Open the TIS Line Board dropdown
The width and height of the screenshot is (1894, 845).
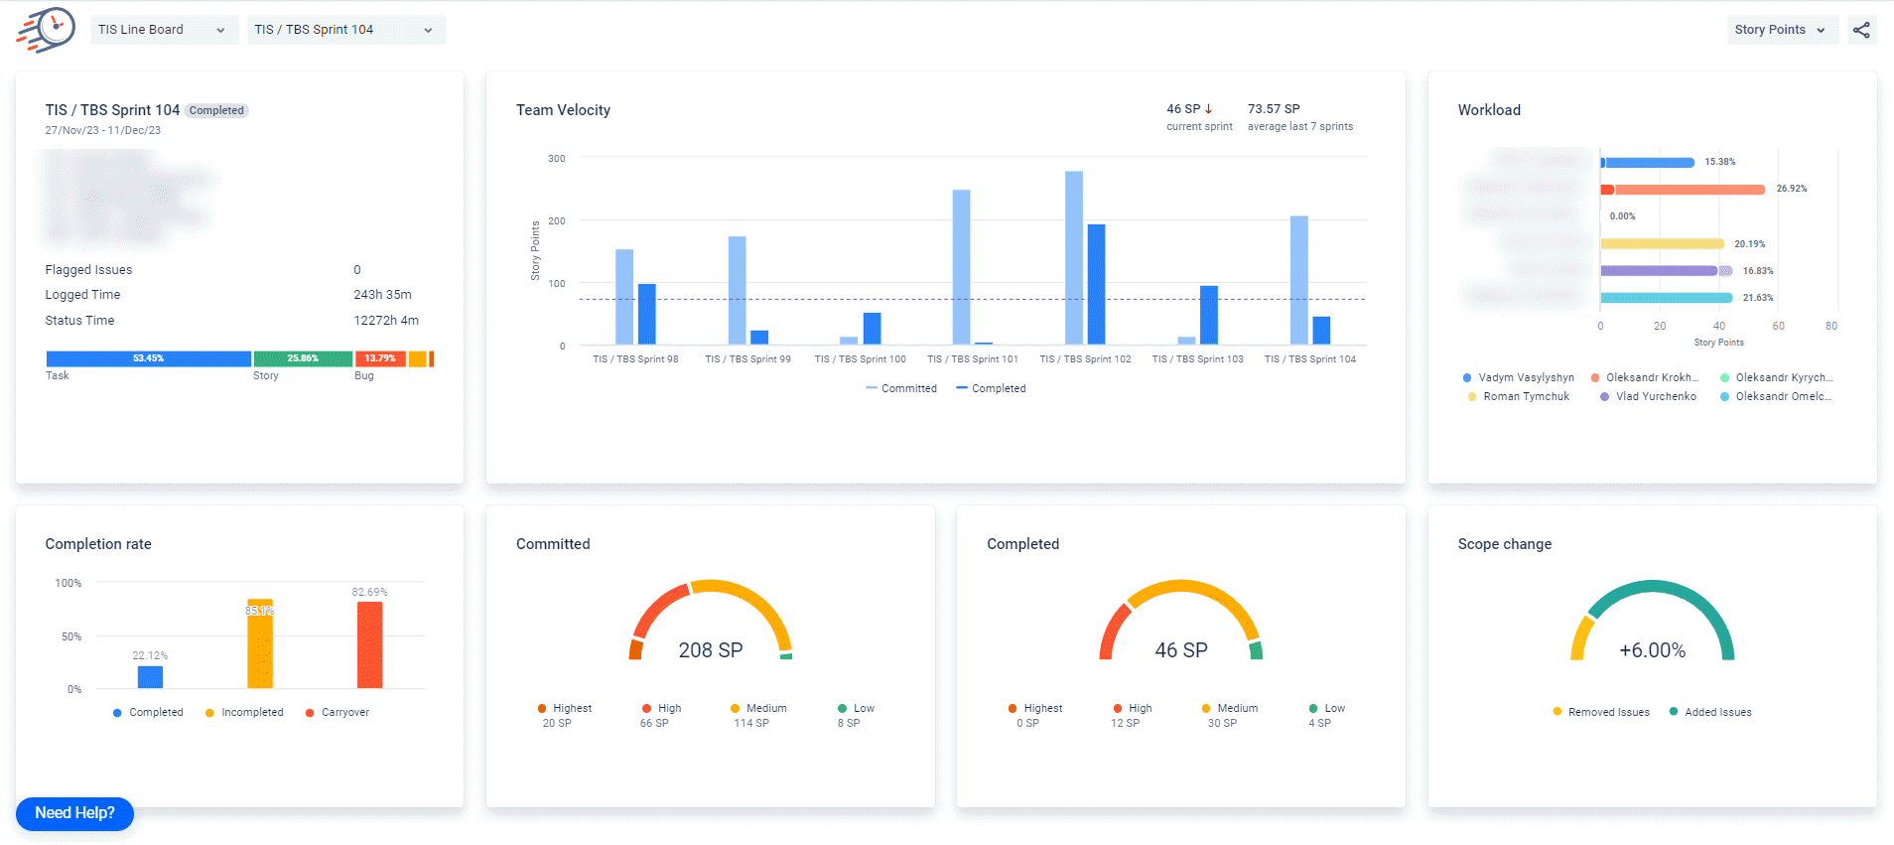(163, 30)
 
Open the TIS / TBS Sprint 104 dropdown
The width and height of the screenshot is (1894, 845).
(344, 30)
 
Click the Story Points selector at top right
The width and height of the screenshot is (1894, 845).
(1781, 30)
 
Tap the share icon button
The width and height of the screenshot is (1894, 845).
(1861, 30)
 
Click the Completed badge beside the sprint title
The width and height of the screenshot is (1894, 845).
(216, 111)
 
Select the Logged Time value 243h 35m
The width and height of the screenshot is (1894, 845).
(382, 295)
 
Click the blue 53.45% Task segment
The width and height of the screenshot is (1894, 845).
(148, 358)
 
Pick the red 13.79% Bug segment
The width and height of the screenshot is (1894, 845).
(380, 358)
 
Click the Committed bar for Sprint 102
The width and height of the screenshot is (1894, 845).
(1073, 258)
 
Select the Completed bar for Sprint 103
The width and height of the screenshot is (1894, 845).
(1208, 315)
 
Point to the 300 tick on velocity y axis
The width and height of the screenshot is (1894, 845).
(557, 159)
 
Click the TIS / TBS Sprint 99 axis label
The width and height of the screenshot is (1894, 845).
(747, 359)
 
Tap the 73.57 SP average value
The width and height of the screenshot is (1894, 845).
(1274, 109)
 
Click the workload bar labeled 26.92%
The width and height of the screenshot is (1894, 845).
(1688, 190)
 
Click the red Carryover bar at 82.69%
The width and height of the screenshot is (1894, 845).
(369, 644)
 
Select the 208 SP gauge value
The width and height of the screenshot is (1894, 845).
(710, 650)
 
